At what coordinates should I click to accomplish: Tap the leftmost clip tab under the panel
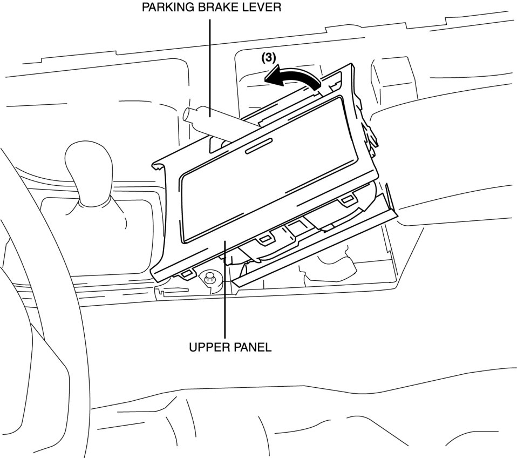coord(187,274)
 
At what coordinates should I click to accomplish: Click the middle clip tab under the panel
coord(264,239)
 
